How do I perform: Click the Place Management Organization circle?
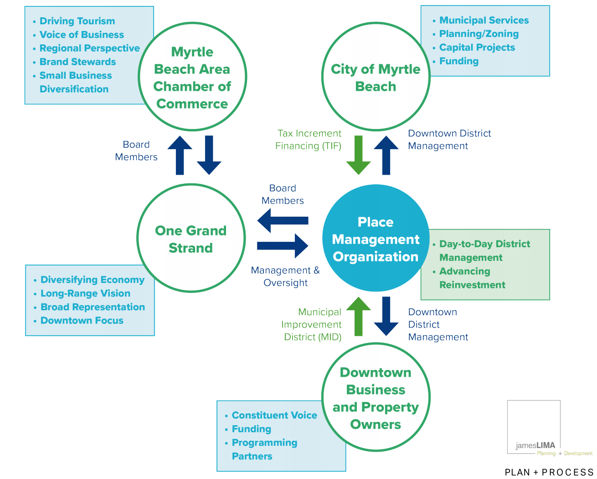tap(376, 239)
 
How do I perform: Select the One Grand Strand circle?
tap(191, 238)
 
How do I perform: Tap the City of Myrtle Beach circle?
tap(376, 77)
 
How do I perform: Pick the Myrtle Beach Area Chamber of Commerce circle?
tap(192, 77)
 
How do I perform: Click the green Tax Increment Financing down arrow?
tap(359, 155)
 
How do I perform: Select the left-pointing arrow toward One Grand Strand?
tap(283, 220)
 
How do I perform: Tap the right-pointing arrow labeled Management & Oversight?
tap(283, 246)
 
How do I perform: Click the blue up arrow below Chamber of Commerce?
tap(180, 155)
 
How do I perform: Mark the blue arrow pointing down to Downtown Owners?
tap(386, 316)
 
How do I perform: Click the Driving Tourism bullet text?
tap(77, 21)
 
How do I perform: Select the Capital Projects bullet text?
tap(477, 47)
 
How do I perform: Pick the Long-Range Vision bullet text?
tap(85, 293)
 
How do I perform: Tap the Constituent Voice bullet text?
tap(274, 415)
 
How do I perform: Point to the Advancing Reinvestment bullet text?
tap(472, 278)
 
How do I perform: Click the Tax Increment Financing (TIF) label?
tap(309, 140)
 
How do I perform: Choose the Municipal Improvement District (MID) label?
tap(312, 324)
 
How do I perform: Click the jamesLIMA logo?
tap(534, 428)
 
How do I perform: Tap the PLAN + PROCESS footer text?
tap(549, 472)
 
